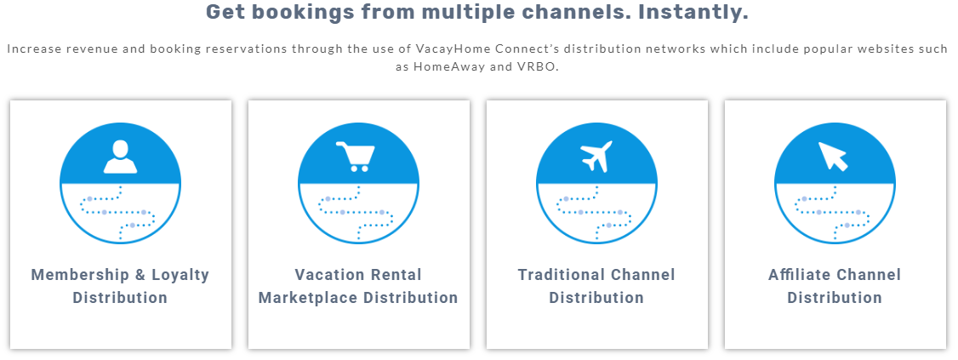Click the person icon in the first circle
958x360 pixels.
(120, 157)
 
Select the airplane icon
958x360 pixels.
(596, 157)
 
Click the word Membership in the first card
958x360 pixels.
(79, 275)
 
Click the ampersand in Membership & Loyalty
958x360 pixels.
(139, 275)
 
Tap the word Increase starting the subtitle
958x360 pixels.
(31, 48)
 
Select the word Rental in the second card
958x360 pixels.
(396, 275)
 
